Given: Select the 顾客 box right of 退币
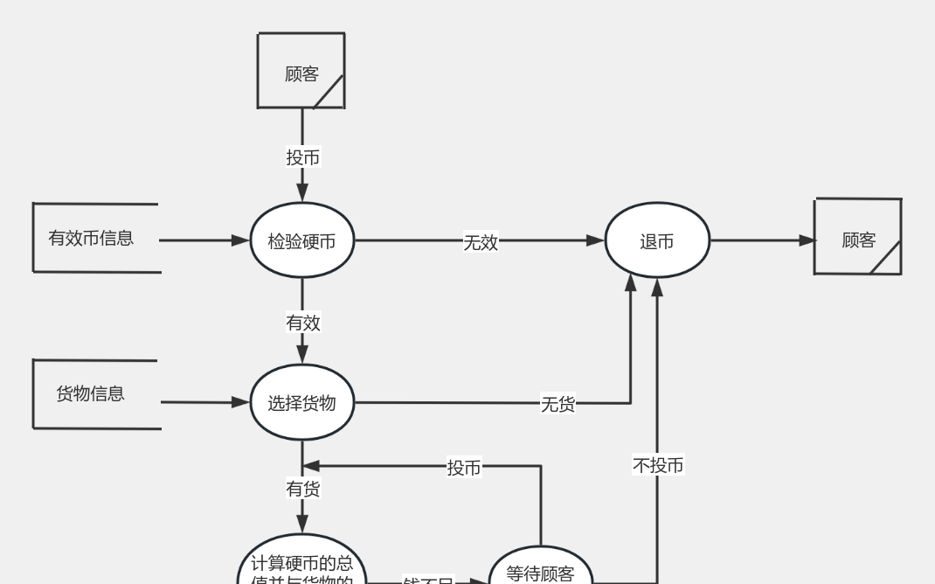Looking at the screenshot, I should click(x=857, y=237).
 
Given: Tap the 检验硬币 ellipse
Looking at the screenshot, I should click(x=301, y=241).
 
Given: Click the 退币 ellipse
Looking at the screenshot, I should click(x=657, y=240).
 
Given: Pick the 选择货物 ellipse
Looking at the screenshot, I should click(x=301, y=403).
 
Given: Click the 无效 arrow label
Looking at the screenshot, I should click(x=481, y=242).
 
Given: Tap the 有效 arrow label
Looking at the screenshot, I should click(x=303, y=323).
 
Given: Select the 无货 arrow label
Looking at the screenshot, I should click(x=558, y=404).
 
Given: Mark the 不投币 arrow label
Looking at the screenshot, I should click(x=658, y=465).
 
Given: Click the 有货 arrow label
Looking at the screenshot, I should click(x=303, y=489).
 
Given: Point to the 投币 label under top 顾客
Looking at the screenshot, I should click(x=303, y=157).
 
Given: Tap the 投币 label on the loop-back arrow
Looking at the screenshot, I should click(x=464, y=468).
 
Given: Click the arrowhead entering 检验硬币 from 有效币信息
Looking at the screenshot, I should click(x=240, y=240).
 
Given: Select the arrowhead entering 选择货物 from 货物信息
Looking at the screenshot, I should click(x=240, y=402).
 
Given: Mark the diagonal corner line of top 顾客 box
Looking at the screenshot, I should click(x=329, y=92).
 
